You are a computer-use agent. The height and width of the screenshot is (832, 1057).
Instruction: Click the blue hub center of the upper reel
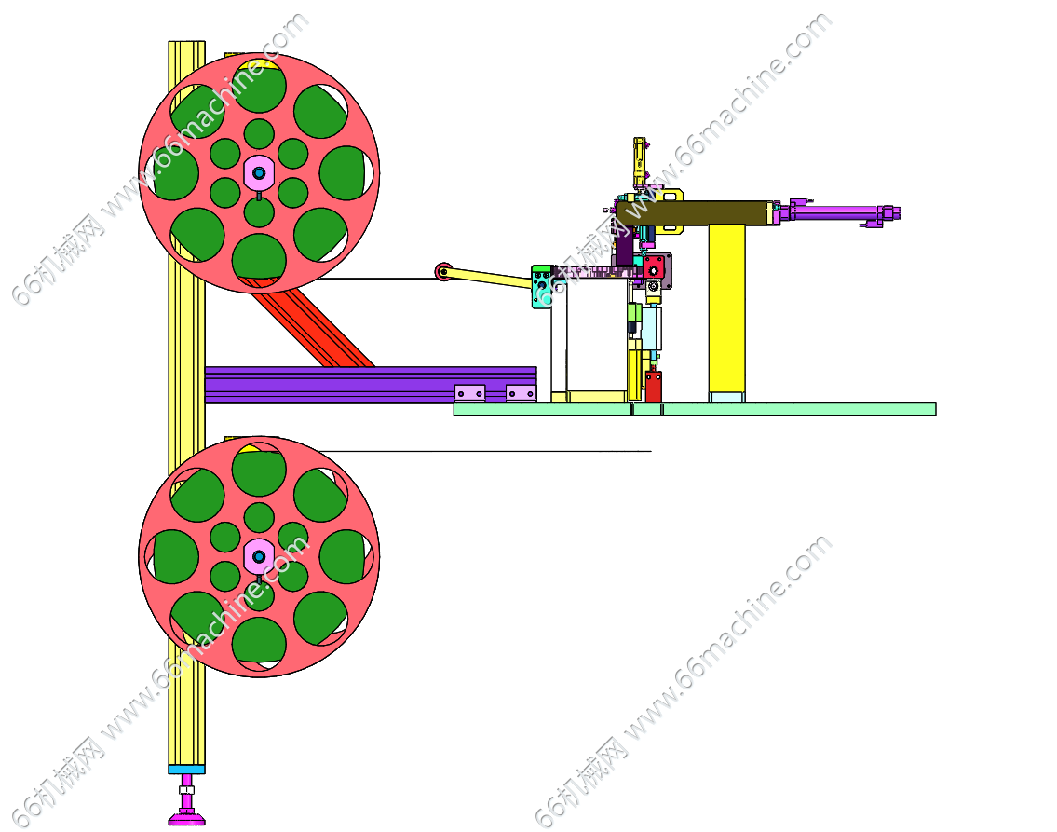click(x=259, y=173)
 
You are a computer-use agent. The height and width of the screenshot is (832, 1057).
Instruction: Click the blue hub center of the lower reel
click(x=259, y=557)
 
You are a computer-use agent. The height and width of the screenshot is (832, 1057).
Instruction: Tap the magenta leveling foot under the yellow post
click(x=187, y=808)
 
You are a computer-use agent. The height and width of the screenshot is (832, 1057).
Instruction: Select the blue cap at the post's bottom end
click(x=187, y=770)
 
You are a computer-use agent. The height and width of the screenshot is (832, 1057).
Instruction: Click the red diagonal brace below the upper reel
click(x=314, y=323)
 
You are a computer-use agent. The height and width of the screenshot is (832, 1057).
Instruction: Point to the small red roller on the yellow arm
click(x=443, y=272)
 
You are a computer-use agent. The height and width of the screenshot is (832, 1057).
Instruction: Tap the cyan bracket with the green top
click(x=542, y=287)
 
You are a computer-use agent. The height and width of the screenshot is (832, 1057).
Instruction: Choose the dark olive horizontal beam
click(x=695, y=212)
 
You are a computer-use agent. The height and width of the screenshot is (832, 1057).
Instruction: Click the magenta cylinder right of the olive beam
click(x=837, y=213)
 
